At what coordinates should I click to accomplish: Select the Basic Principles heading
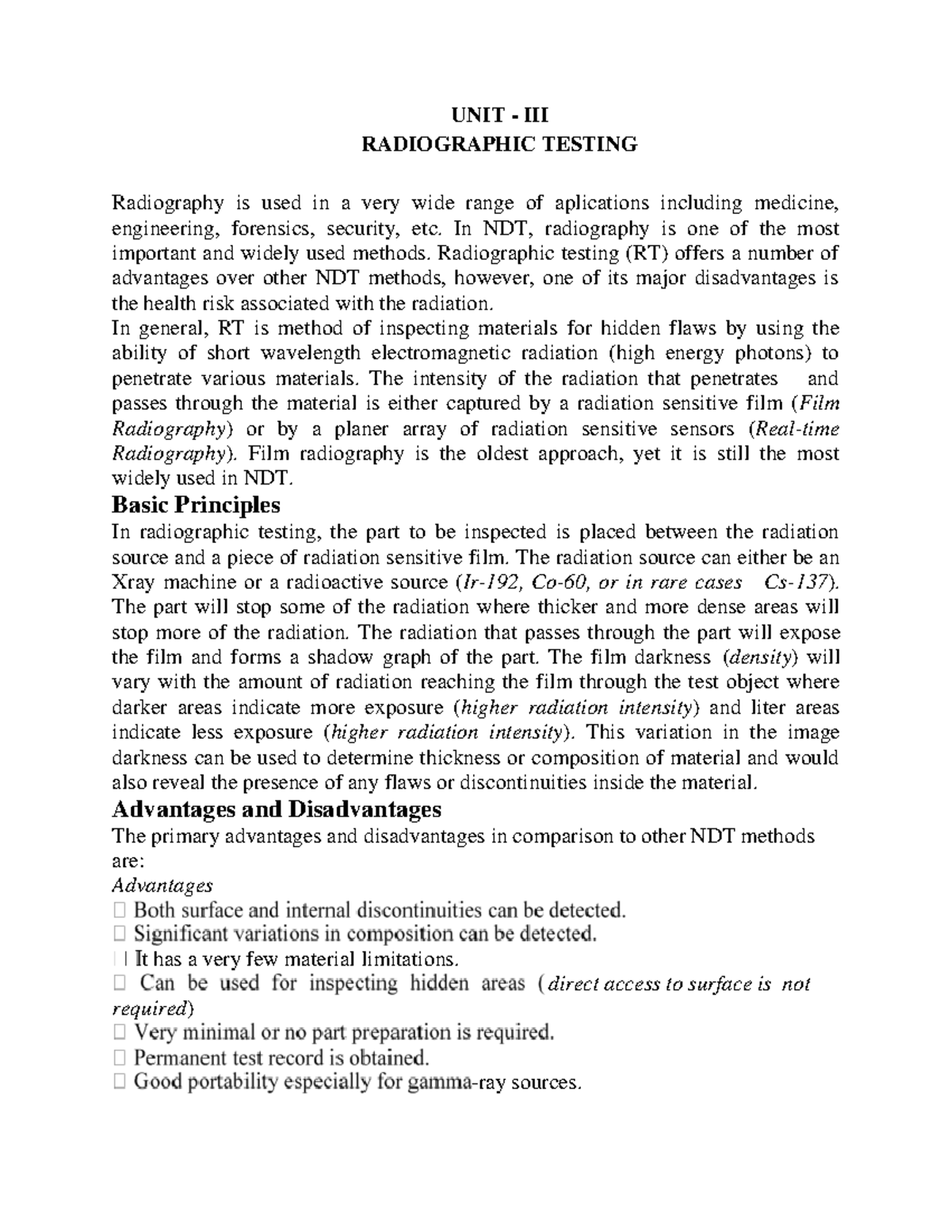point(196,504)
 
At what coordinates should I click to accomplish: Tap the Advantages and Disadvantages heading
point(277,809)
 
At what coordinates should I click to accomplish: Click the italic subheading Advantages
point(162,885)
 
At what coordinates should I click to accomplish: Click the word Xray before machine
point(137,582)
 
